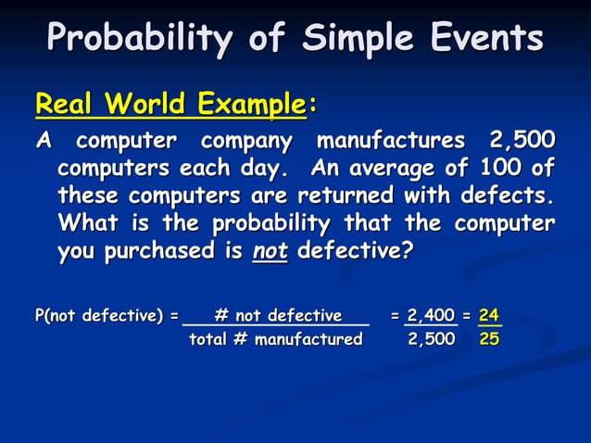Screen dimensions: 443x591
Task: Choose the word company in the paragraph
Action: click(x=245, y=143)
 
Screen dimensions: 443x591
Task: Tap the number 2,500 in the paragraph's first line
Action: click(x=522, y=143)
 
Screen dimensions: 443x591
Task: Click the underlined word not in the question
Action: click(x=270, y=252)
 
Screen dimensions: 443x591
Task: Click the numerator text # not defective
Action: click(x=277, y=316)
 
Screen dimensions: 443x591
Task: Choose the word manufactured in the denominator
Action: click(x=308, y=339)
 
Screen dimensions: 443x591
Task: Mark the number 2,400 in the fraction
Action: click(x=431, y=316)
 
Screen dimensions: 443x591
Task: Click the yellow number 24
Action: click(x=490, y=316)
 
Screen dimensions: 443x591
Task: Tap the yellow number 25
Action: click(x=490, y=339)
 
